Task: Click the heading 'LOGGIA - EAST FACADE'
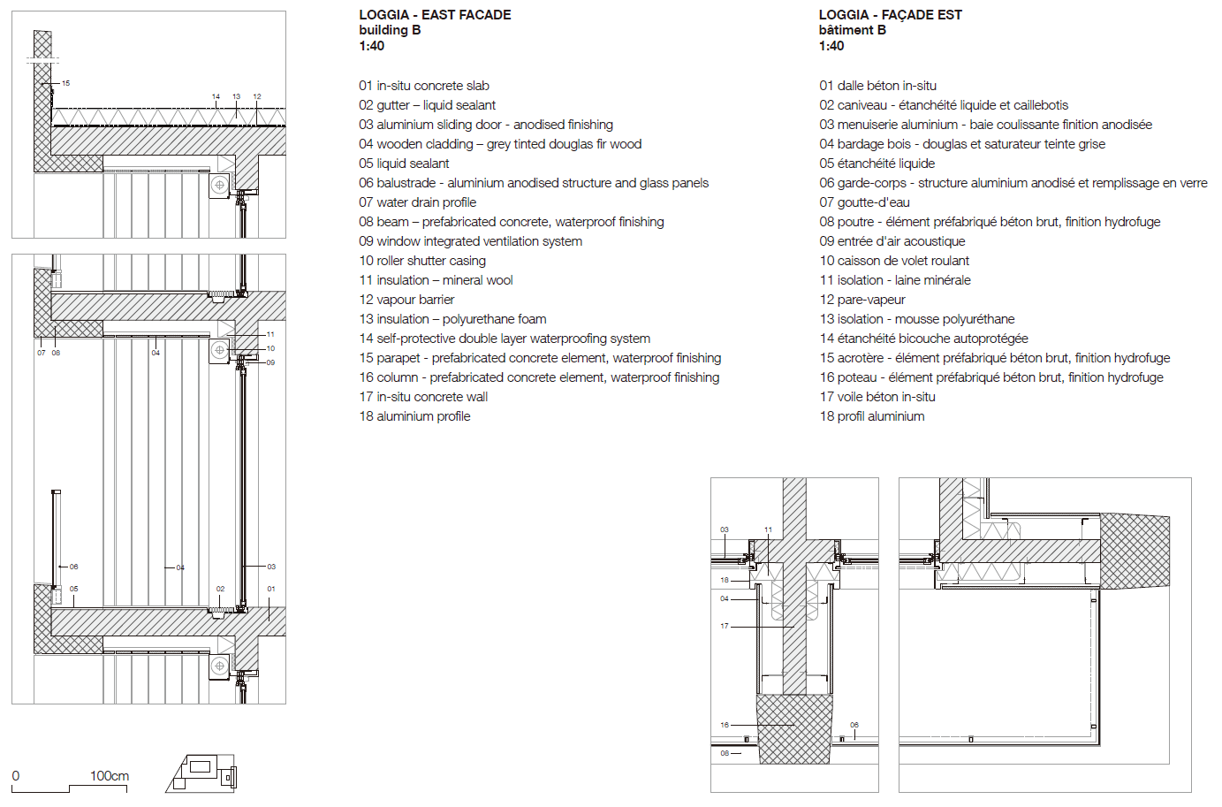[x=435, y=15]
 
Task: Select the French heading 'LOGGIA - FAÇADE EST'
[x=890, y=15]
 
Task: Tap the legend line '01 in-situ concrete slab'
[x=423, y=86]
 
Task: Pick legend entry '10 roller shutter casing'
[x=422, y=261]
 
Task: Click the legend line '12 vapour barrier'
[x=406, y=300]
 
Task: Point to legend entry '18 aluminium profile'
[x=414, y=416]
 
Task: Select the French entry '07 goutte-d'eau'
[x=864, y=202]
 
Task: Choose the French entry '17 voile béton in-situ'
[x=877, y=397]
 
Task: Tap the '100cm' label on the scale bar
[x=110, y=776]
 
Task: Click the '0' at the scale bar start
[x=16, y=776]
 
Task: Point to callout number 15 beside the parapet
[x=65, y=83]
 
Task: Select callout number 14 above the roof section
[x=216, y=96]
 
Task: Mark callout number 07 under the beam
[x=41, y=353]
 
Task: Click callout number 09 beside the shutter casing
[x=270, y=362]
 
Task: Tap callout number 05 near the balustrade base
[x=73, y=589]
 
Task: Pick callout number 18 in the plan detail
[x=725, y=581]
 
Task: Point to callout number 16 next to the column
[x=725, y=725]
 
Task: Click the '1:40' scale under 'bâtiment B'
[x=831, y=46]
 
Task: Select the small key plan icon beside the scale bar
[x=201, y=773]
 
